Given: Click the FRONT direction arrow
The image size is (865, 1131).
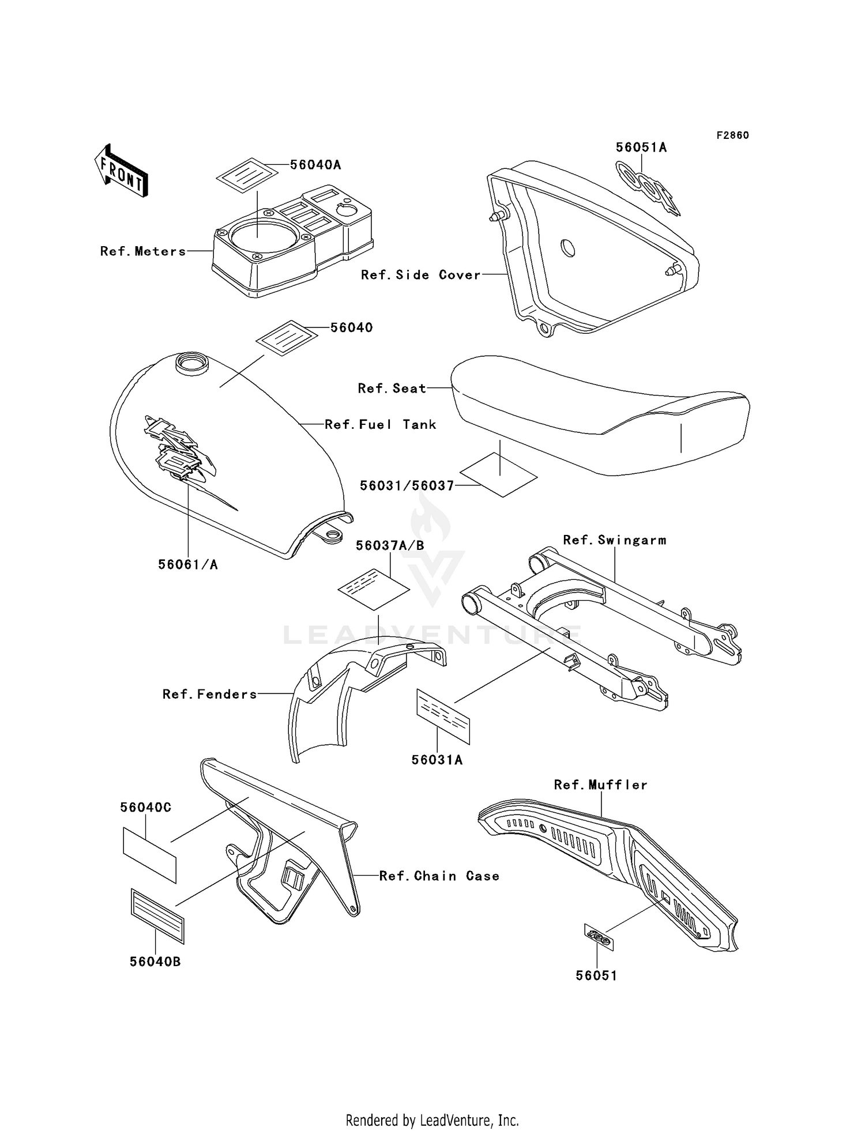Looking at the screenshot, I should (122, 171).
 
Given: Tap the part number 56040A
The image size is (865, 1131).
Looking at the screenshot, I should (315, 165).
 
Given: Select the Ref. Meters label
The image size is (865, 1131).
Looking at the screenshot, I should (143, 251).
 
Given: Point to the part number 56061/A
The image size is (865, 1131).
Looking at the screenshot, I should (188, 565).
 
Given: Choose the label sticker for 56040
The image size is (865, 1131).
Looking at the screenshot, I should (287, 338).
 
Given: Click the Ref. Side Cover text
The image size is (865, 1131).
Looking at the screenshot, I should (420, 275).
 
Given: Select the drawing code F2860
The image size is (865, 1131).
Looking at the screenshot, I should (732, 135).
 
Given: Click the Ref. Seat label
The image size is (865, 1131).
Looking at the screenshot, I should (392, 389).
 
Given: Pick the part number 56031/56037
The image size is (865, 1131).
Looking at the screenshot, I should (407, 486).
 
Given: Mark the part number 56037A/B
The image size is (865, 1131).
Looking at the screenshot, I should (390, 545).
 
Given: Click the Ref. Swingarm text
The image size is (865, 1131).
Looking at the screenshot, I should (614, 540).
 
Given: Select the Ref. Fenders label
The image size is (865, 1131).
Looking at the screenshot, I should (209, 694).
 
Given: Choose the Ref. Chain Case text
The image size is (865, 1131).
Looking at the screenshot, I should (439, 876).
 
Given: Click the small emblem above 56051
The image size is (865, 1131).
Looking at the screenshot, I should (599, 937).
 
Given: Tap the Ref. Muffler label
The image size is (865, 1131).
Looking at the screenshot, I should (600, 785).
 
